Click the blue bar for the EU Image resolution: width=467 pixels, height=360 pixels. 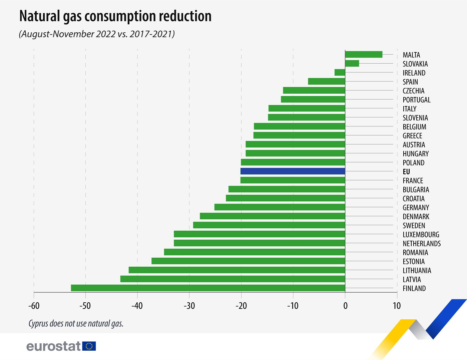pos(293,171)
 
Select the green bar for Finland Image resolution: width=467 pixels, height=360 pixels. pos(208,288)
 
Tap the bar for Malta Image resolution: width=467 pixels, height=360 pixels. pos(364,55)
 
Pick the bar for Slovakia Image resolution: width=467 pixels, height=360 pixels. pos(352,64)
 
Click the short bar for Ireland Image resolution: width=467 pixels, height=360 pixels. pos(340,73)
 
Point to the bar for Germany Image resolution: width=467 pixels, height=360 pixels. pos(280,207)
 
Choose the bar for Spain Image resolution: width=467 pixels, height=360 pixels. pos(326,82)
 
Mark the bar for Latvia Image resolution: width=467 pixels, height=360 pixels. pos(232,279)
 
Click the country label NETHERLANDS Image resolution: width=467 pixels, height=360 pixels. pos(422,244)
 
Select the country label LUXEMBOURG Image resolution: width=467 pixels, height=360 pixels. pos(421,235)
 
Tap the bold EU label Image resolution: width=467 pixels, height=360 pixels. pos(406,172)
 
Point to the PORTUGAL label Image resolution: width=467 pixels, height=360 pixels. pos(417,100)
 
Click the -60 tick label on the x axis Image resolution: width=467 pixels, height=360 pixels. pos(34,306)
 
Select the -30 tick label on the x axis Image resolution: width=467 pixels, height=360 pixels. pos(189,306)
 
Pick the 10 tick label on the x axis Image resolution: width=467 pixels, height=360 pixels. pos(397,306)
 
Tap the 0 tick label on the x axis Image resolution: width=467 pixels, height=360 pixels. pos(345,306)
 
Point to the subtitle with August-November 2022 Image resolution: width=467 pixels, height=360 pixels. pos(97,34)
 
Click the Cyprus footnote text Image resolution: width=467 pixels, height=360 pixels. pos(76,324)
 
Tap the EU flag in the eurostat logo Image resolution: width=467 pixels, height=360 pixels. pos(89,346)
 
